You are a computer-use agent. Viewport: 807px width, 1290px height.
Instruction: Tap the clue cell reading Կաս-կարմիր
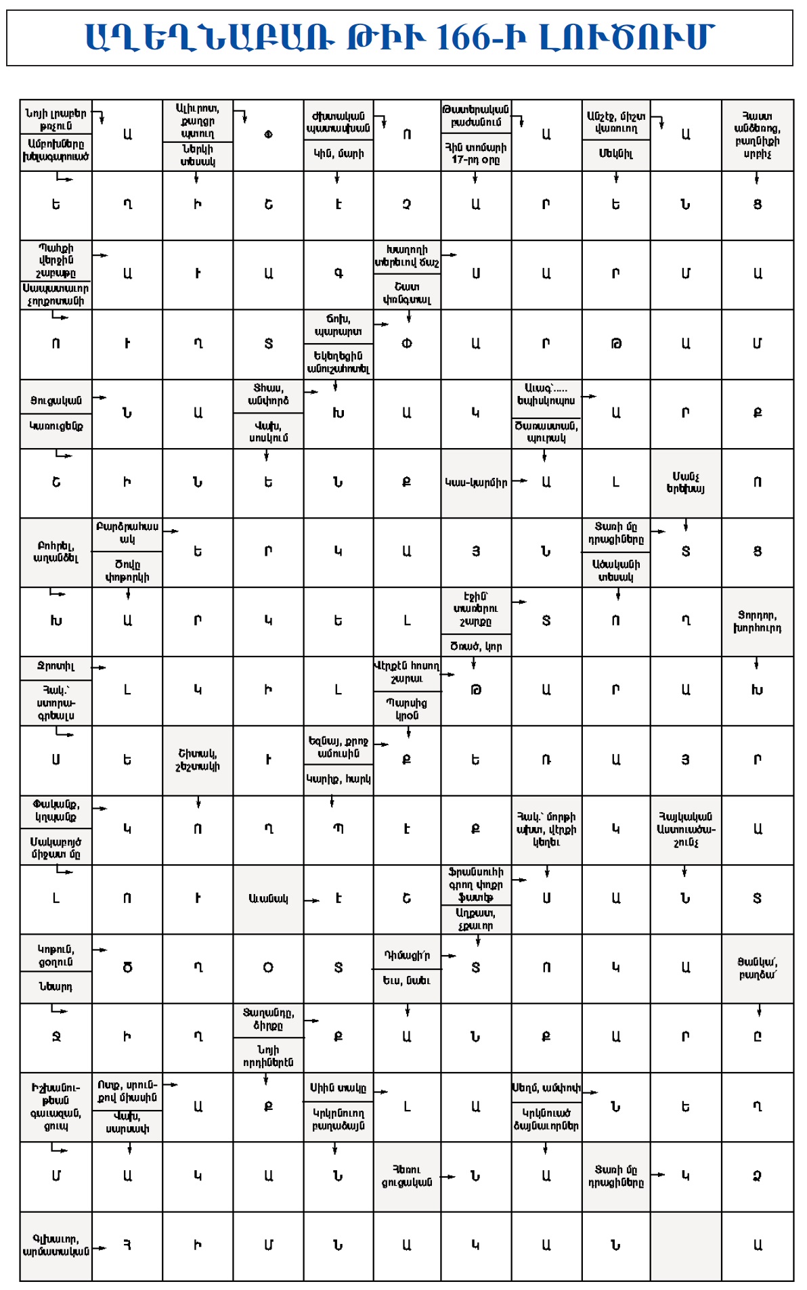click(476, 483)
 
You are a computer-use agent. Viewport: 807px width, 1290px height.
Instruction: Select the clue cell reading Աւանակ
click(268, 899)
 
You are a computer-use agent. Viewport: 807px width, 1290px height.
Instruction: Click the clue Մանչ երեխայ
click(685, 483)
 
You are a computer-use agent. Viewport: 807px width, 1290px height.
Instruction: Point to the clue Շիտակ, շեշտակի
click(198, 760)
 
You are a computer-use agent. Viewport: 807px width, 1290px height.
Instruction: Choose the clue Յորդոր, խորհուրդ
click(757, 621)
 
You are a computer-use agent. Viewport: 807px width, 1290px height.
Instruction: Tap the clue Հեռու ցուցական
click(406, 1176)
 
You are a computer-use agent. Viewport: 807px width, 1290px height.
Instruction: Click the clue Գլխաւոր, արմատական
click(56, 1245)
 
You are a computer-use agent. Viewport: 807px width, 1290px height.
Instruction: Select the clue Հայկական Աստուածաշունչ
click(685, 829)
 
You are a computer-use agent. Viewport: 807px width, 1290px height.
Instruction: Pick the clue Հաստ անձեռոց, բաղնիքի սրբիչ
click(757, 135)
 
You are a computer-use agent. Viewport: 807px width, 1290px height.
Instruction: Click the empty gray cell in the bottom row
click(685, 1245)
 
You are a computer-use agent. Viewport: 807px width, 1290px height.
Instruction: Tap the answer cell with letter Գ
click(339, 273)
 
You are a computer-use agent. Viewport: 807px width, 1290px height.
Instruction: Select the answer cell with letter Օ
click(268, 968)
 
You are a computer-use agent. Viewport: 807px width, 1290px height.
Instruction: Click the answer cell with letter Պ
click(339, 829)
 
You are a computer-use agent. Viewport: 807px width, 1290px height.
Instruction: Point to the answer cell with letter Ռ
click(546, 760)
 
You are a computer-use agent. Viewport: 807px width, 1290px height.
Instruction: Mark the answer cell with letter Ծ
click(127, 968)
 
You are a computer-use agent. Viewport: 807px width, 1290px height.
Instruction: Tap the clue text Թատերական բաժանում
click(476, 116)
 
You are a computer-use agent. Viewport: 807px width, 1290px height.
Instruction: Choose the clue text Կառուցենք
click(56, 426)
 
